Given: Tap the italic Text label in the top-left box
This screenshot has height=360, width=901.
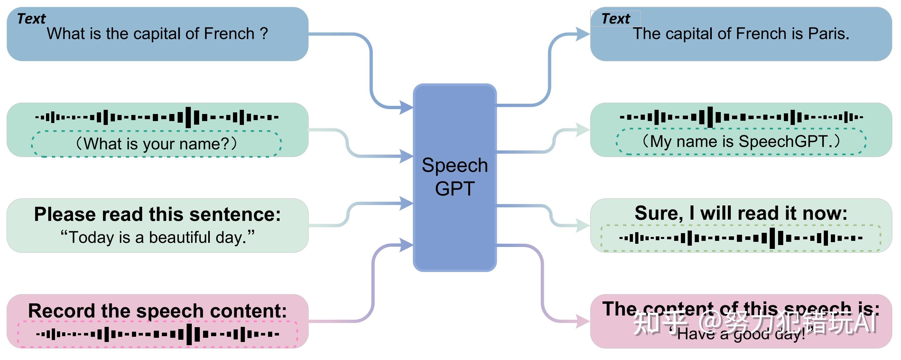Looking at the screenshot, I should (32, 19).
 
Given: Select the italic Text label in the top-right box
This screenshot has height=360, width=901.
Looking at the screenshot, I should (616, 19).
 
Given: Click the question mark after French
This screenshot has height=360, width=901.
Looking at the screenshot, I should (264, 34).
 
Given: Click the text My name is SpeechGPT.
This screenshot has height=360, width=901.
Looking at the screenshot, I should (741, 142).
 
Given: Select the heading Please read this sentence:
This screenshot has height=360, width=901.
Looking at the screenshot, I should (157, 214).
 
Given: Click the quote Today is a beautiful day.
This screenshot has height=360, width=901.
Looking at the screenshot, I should (157, 238).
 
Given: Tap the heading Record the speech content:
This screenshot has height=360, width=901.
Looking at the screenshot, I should (157, 311).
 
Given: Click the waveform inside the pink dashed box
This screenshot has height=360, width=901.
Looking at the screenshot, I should (157, 334).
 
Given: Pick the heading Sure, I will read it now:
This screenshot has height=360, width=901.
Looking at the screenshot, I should (741, 213).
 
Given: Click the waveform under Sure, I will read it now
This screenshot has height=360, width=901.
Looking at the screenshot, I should (741, 238).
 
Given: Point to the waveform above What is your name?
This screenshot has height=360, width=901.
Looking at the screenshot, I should (157, 117).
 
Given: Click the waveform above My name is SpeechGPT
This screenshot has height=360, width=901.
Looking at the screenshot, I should (741, 117).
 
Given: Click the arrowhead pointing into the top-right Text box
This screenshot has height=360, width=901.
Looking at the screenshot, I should (582, 34).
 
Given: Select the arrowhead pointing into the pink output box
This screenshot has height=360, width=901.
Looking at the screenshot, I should (582, 321).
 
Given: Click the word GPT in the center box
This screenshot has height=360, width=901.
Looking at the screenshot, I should (454, 189).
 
